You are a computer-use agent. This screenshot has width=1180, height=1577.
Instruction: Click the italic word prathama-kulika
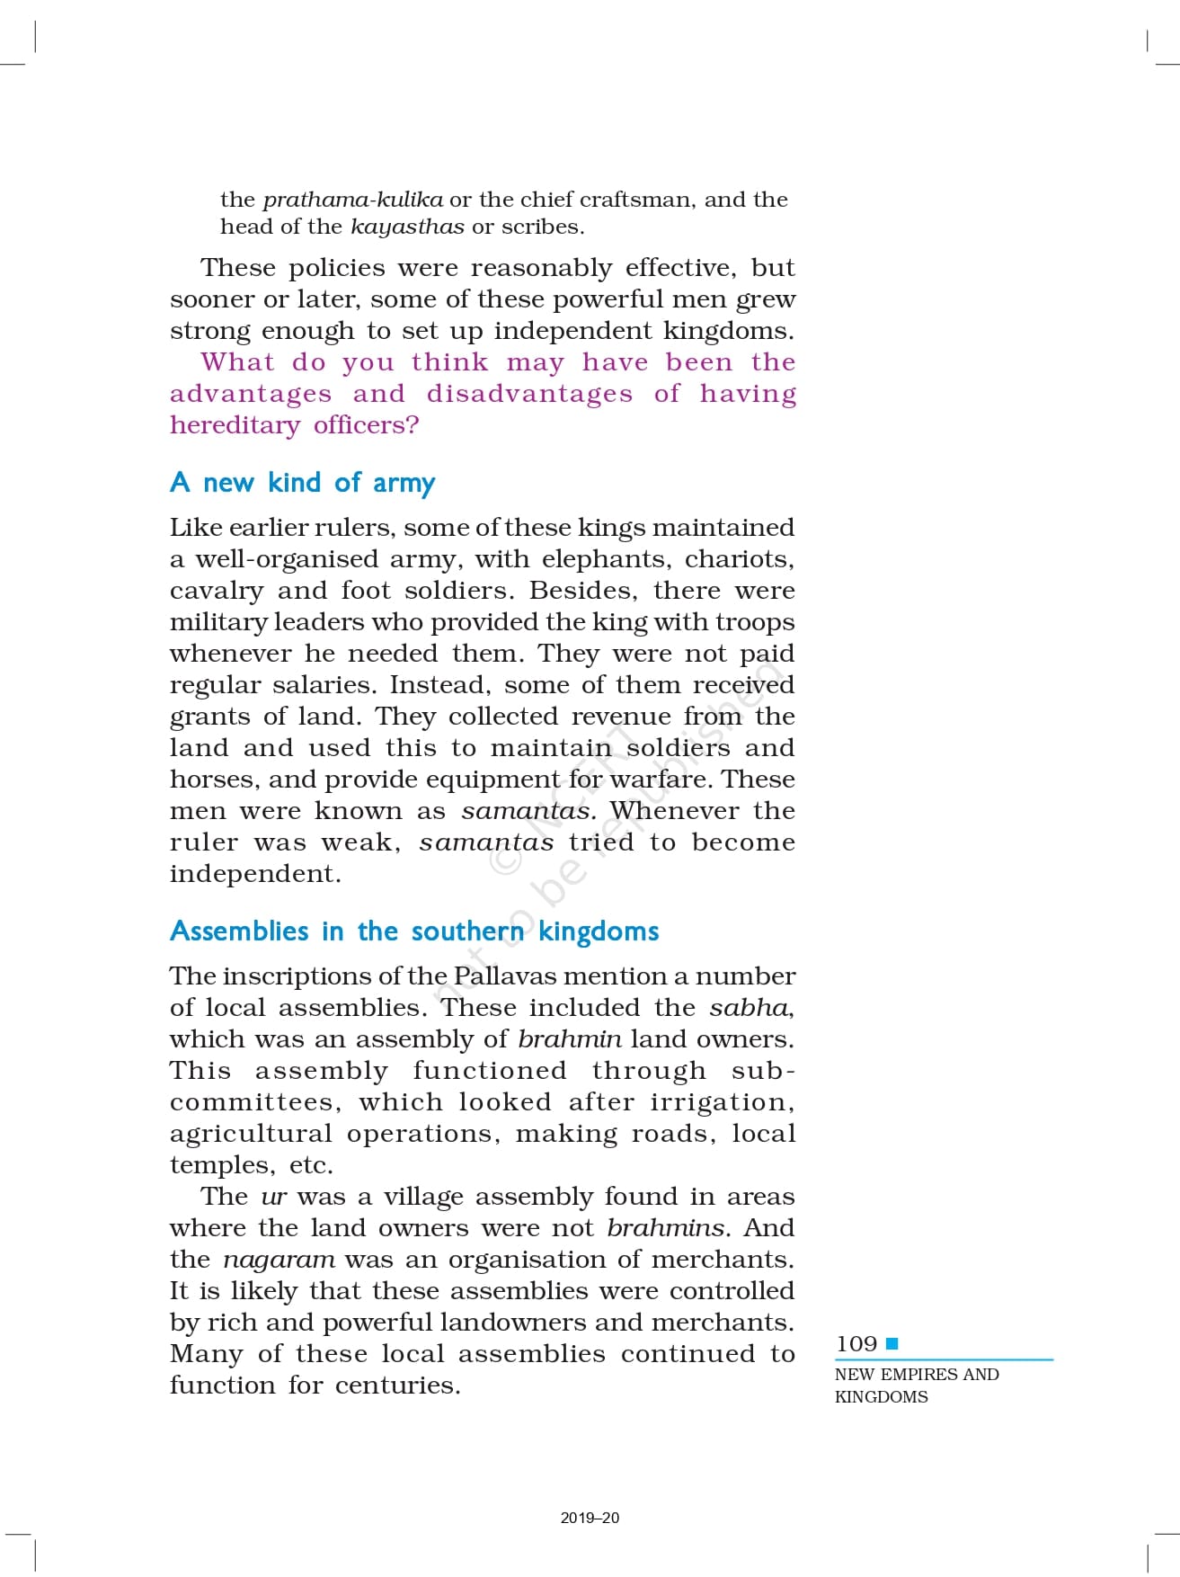coord(352,200)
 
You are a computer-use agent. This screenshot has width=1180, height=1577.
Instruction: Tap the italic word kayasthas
coord(407,227)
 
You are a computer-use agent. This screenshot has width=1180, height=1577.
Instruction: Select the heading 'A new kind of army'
coord(302,483)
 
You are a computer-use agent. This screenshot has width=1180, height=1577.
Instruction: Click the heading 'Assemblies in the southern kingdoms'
coord(414,931)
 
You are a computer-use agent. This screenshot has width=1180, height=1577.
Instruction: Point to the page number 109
coord(856,1344)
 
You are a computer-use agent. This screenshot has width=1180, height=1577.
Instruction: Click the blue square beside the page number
coord(892,1344)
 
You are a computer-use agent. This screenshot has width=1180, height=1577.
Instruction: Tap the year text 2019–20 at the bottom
coord(590,1518)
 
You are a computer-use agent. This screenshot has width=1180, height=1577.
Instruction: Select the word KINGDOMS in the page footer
coord(881,1397)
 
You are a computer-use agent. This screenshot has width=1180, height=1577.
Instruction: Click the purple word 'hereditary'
coord(235,425)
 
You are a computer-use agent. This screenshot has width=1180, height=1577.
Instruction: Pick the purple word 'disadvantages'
coord(529,394)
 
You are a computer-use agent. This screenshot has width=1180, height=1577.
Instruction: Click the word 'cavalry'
coord(217,591)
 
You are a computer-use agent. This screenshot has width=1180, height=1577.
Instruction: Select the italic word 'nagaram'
coord(279,1260)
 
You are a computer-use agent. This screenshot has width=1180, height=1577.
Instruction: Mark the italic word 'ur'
coord(273,1198)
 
